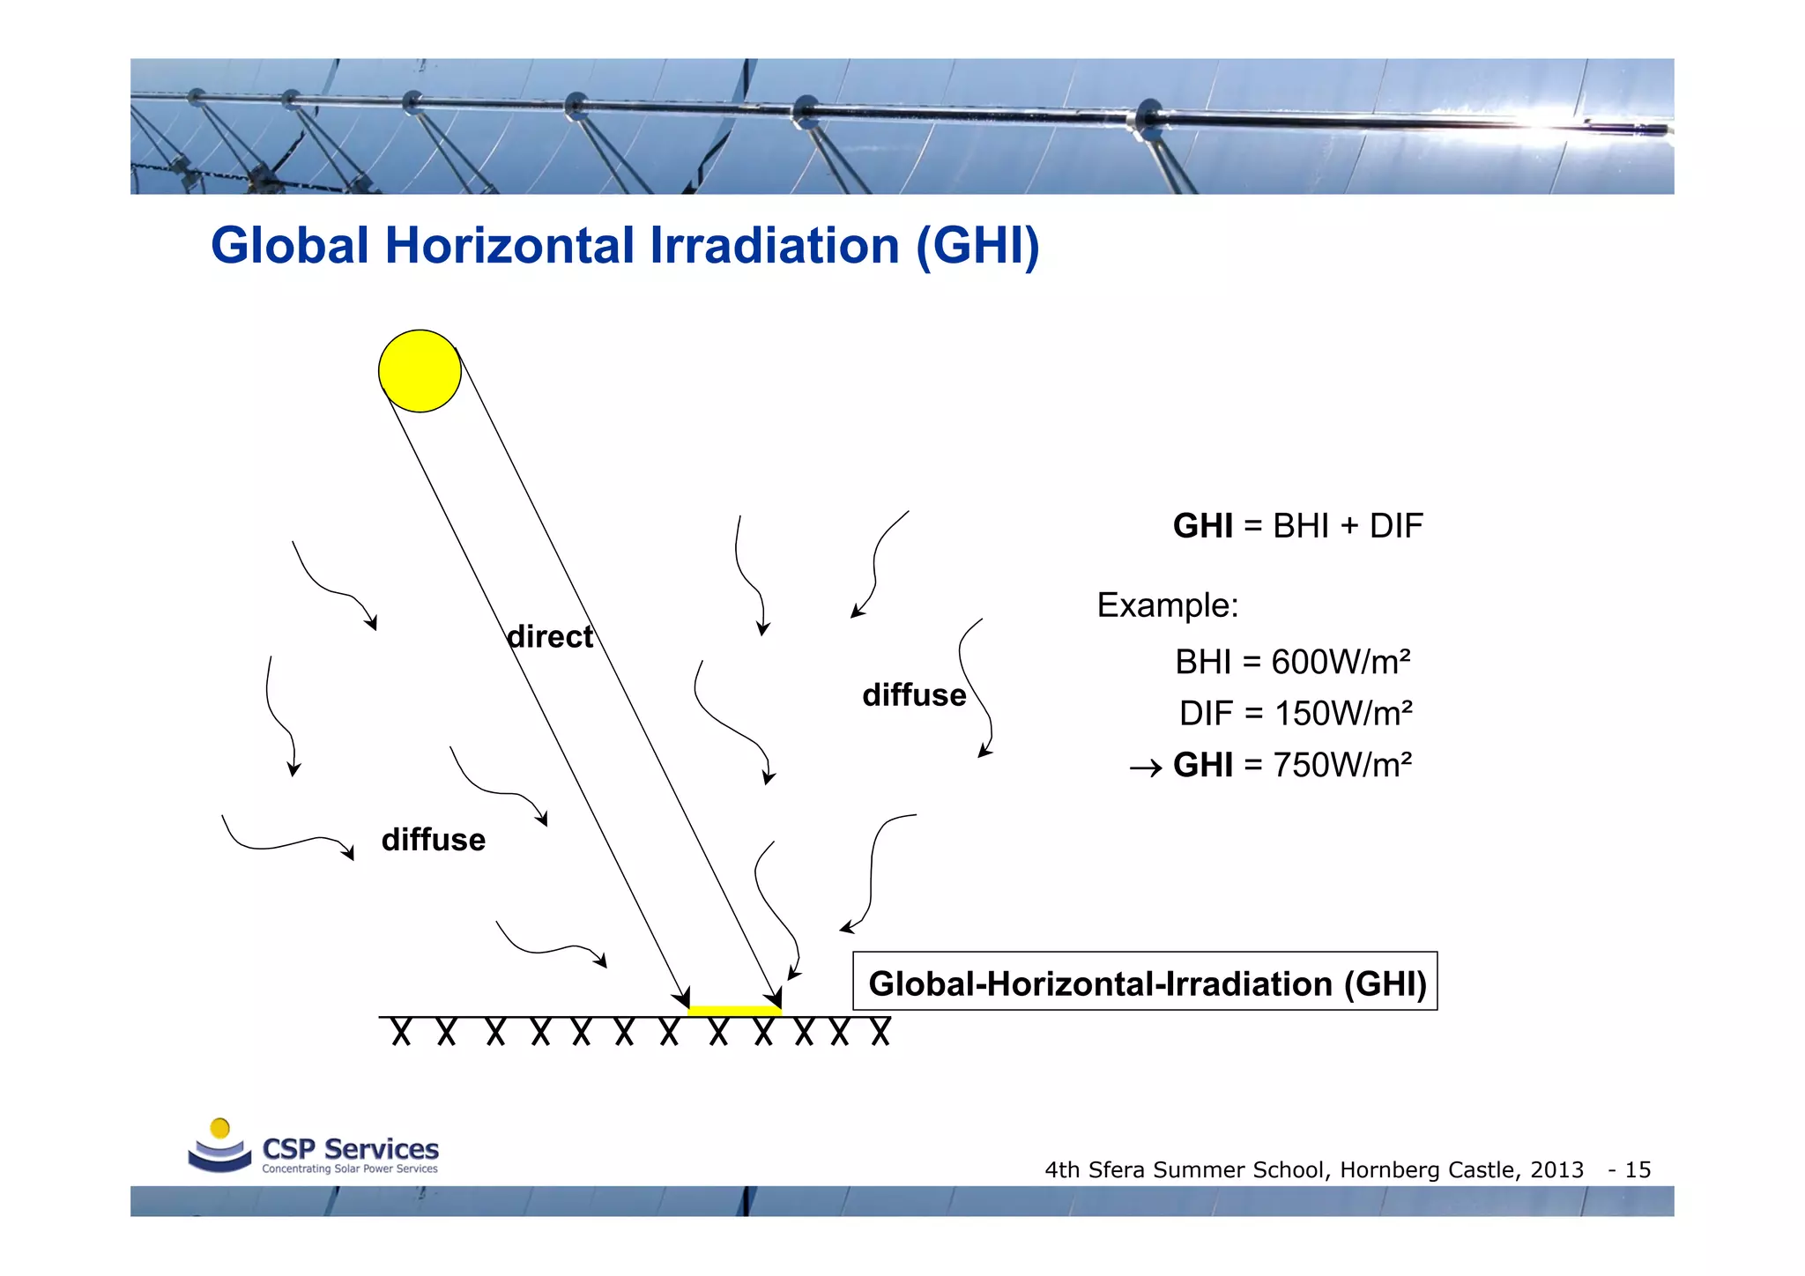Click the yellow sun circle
420,371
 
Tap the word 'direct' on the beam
550,636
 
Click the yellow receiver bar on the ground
733,1011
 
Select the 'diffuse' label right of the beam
914,695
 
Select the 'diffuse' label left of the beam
433,840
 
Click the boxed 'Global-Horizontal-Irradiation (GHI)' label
1146,983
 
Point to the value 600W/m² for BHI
1341,662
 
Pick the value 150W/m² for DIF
1343,713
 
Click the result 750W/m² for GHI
1342,765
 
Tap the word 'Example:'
1167,605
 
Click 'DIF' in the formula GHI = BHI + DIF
1396,526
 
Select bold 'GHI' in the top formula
1202,526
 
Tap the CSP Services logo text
350,1149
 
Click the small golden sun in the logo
220,1128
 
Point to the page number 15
1638,1170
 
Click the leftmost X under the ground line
401,1032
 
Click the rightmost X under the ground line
880,1032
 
